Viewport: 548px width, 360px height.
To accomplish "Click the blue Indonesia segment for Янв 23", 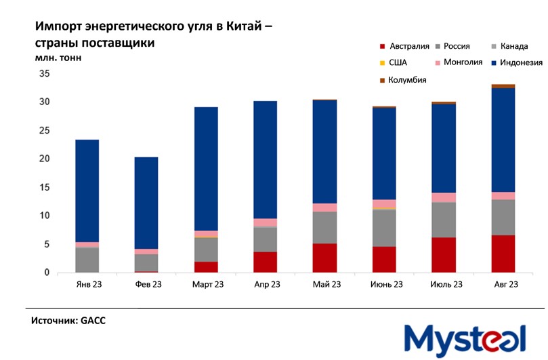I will (87, 191).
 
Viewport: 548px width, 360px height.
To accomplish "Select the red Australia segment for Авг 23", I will (503, 254).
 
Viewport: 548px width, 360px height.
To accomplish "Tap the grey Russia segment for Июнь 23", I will (384, 228).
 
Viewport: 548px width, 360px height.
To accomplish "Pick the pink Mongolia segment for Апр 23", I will (266, 222).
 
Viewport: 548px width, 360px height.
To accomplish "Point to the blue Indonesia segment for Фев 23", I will (146, 203).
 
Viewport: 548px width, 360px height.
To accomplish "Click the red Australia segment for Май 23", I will (325, 258).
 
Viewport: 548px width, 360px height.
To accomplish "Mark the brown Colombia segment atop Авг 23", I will (503, 86).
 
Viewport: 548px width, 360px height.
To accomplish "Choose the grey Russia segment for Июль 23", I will (444, 220).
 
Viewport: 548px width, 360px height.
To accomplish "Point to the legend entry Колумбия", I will (407, 80).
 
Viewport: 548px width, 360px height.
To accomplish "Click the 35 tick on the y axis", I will (45, 74).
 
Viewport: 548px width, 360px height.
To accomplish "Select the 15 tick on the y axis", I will (45, 187).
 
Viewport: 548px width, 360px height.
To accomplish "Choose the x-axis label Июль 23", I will (444, 285).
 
